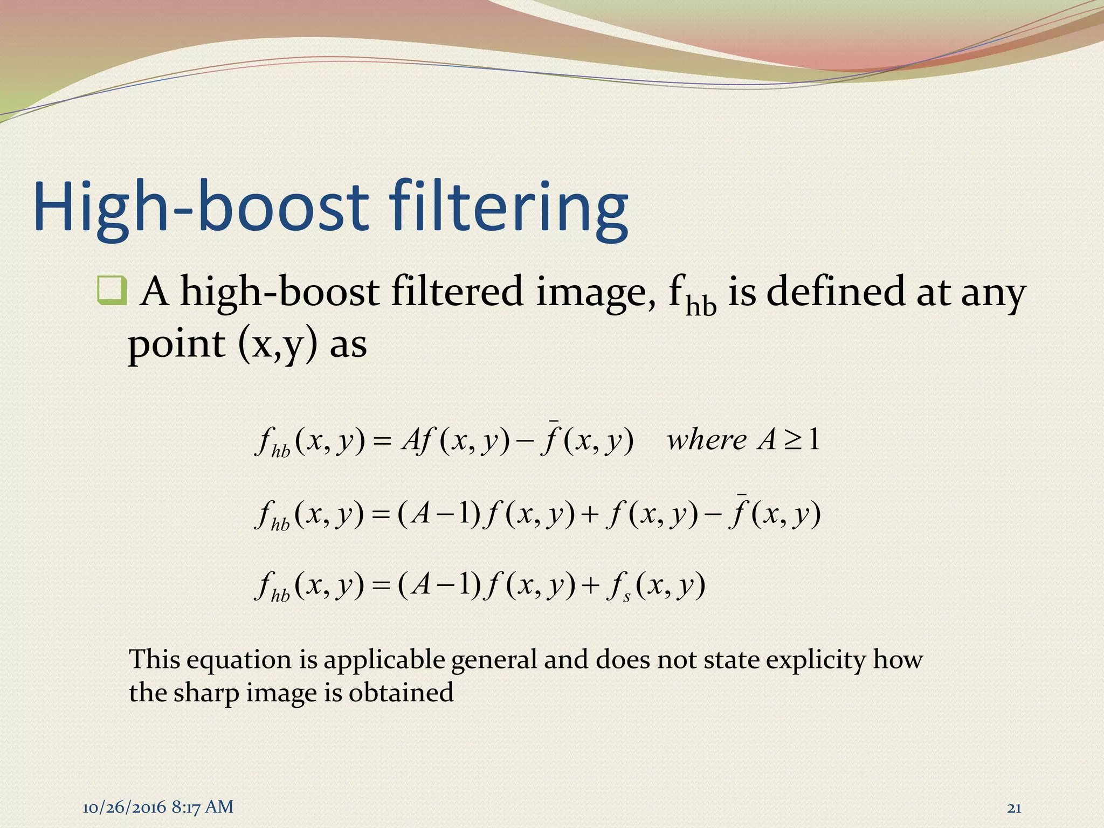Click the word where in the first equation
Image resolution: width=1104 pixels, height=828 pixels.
(x=707, y=440)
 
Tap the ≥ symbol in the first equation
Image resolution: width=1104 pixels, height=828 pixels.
(x=792, y=441)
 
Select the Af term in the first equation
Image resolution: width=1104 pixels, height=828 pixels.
(x=417, y=441)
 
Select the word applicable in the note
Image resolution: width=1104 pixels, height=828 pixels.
(x=384, y=660)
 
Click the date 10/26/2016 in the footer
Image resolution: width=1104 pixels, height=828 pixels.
(x=125, y=807)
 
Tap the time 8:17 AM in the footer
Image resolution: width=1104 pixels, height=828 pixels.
(x=203, y=807)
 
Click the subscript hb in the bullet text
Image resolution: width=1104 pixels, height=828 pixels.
(x=701, y=307)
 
